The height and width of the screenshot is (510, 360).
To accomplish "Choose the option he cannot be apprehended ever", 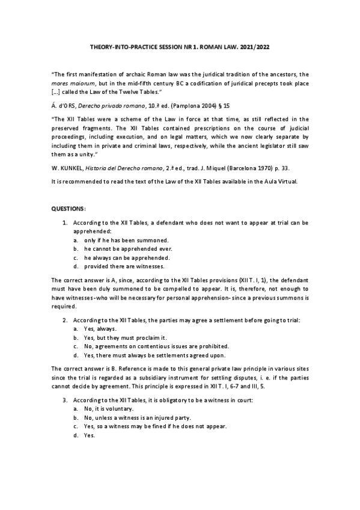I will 120,248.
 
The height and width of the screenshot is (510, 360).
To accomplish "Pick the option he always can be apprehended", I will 120,257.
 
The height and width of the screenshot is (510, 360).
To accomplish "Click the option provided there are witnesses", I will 119,265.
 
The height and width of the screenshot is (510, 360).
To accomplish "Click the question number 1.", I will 65,223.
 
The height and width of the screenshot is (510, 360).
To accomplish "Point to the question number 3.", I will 65,400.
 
